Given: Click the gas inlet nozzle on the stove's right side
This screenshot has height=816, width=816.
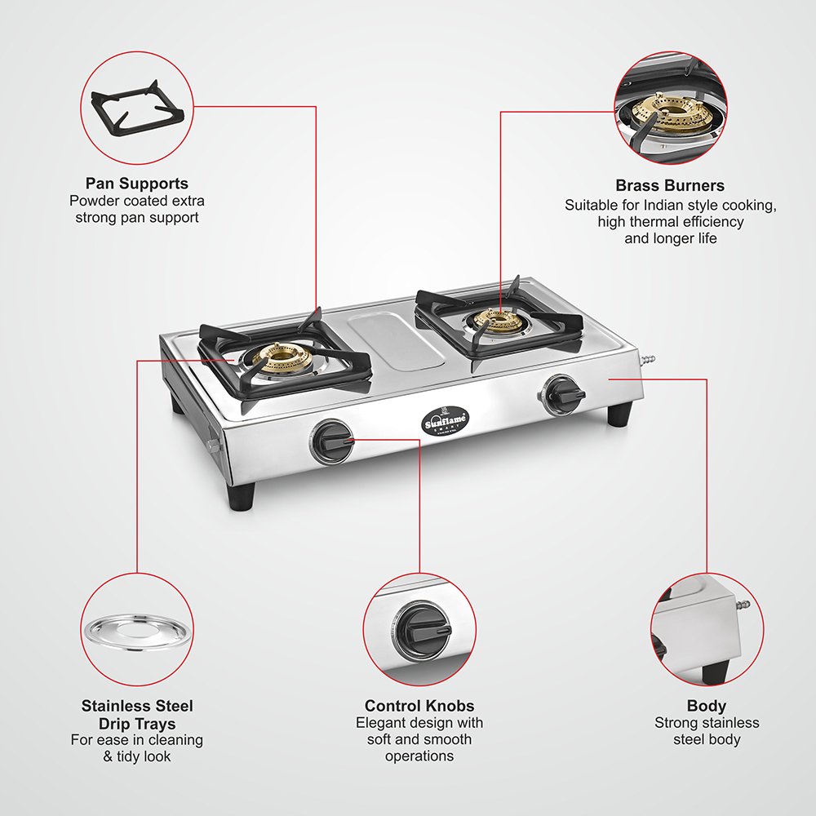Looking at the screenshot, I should (x=650, y=360).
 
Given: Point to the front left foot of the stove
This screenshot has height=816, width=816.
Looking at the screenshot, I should (x=242, y=496).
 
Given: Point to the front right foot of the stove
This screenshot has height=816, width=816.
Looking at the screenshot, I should (x=619, y=415).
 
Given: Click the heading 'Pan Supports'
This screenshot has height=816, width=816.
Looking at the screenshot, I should (x=137, y=184).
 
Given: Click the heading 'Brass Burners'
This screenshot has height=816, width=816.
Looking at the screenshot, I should (x=670, y=185).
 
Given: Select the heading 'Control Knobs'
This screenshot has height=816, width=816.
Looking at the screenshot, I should (x=419, y=706).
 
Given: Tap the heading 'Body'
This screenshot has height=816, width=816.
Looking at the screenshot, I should (x=707, y=706).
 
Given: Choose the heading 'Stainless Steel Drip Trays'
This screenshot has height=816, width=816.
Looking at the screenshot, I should (x=137, y=715).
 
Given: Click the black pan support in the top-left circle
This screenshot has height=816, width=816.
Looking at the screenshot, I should (x=137, y=106).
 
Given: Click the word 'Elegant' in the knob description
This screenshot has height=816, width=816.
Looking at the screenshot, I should (x=380, y=723).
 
